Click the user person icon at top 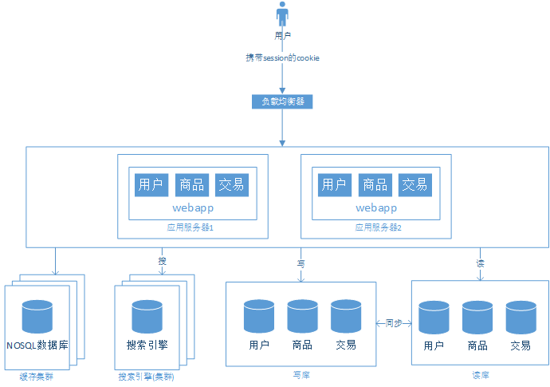[282, 15]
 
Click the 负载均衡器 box [282, 101]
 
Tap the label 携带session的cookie [282, 58]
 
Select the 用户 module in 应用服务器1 [151, 185]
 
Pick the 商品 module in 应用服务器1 [191, 185]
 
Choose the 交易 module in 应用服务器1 [232, 185]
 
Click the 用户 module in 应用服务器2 [334, 185]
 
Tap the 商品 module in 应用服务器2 [375, 185]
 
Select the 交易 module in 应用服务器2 [414, 185]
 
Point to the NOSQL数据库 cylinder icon [37, 317]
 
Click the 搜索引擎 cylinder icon [147, 317]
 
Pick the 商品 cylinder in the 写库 [302, 317]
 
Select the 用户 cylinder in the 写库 [259, 317]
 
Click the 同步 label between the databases [393, 323]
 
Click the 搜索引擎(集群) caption [146, 377]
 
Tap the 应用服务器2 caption [378, 227]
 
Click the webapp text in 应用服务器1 [193, 207]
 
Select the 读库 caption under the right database [480, 374]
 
